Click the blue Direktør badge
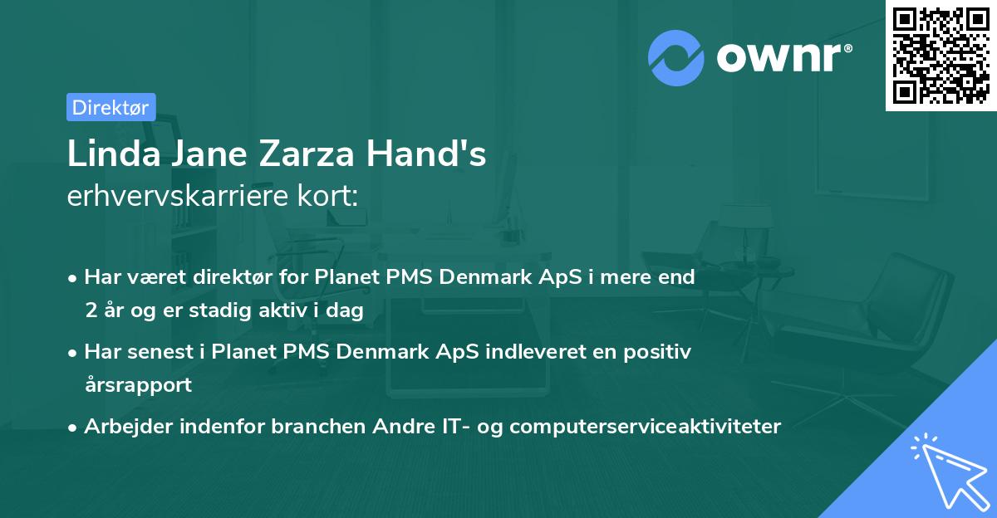click(111, 106)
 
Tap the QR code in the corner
click(941, 55)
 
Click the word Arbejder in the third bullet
click(126, 427)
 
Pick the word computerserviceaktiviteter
click(646, 427)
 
